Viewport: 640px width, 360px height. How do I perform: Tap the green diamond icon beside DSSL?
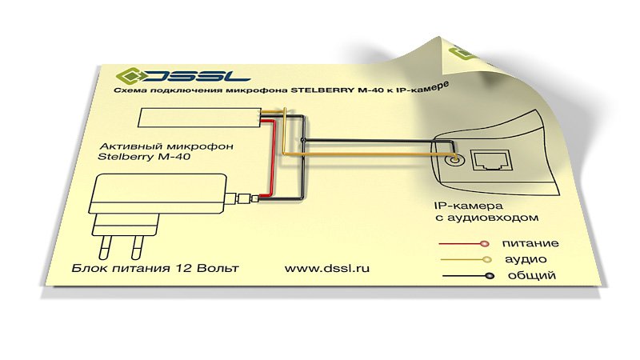[129, 75]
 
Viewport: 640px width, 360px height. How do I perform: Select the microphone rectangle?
[199, 118]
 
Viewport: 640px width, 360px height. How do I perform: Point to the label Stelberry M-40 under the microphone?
[144, 157]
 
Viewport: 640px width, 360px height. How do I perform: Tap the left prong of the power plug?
[106, 246]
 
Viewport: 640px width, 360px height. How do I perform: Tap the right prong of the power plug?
[138, 247]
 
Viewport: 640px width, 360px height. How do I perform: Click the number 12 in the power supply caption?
[184, 268]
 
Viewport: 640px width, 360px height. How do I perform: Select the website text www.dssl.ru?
[327, 268]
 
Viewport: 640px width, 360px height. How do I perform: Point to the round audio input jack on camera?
[454, 159]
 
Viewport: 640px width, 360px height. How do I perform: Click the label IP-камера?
[469, 206]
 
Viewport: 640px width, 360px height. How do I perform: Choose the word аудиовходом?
[493, 218]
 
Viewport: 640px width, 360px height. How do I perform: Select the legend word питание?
[530, 244]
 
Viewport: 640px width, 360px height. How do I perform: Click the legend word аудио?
[526, 259]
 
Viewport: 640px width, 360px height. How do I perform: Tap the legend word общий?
[531, 275]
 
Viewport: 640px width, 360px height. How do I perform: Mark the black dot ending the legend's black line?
[490, 276]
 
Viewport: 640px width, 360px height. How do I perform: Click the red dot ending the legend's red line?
[485, 244]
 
